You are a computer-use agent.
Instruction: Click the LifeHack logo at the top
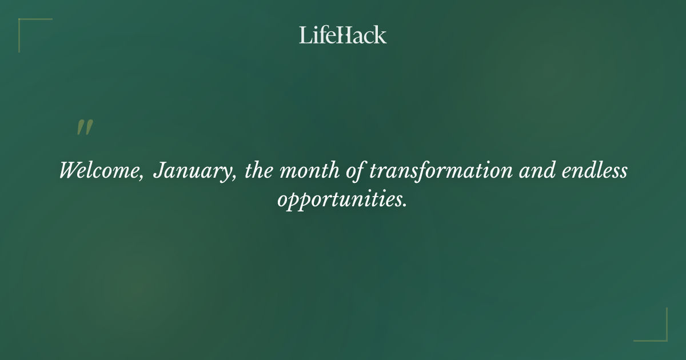(343, 35)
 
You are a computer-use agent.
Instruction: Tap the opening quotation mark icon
(85, 127)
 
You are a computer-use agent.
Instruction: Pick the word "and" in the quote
(535, 171)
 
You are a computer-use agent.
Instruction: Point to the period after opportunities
(405, 205)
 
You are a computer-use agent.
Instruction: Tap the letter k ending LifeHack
(381, 35)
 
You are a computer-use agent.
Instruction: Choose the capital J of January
(158, 171)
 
